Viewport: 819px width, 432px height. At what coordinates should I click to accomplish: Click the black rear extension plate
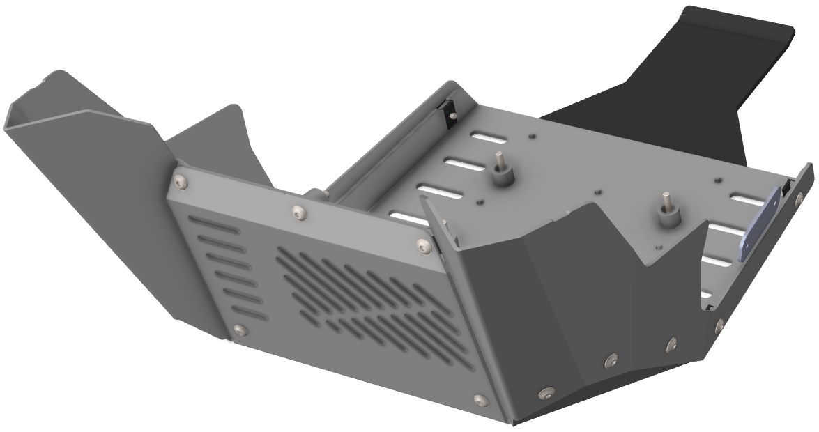coord(697,77)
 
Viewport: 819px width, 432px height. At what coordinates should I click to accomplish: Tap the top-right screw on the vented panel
coord(422,245)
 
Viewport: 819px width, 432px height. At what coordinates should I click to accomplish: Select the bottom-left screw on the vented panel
coord(240,329)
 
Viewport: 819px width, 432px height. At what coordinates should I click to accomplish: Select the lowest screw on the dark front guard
coord(546,392)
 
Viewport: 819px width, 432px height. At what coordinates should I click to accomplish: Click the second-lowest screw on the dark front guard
coord(611,360)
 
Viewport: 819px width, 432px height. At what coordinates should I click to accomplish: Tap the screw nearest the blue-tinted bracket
coord(798,201)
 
